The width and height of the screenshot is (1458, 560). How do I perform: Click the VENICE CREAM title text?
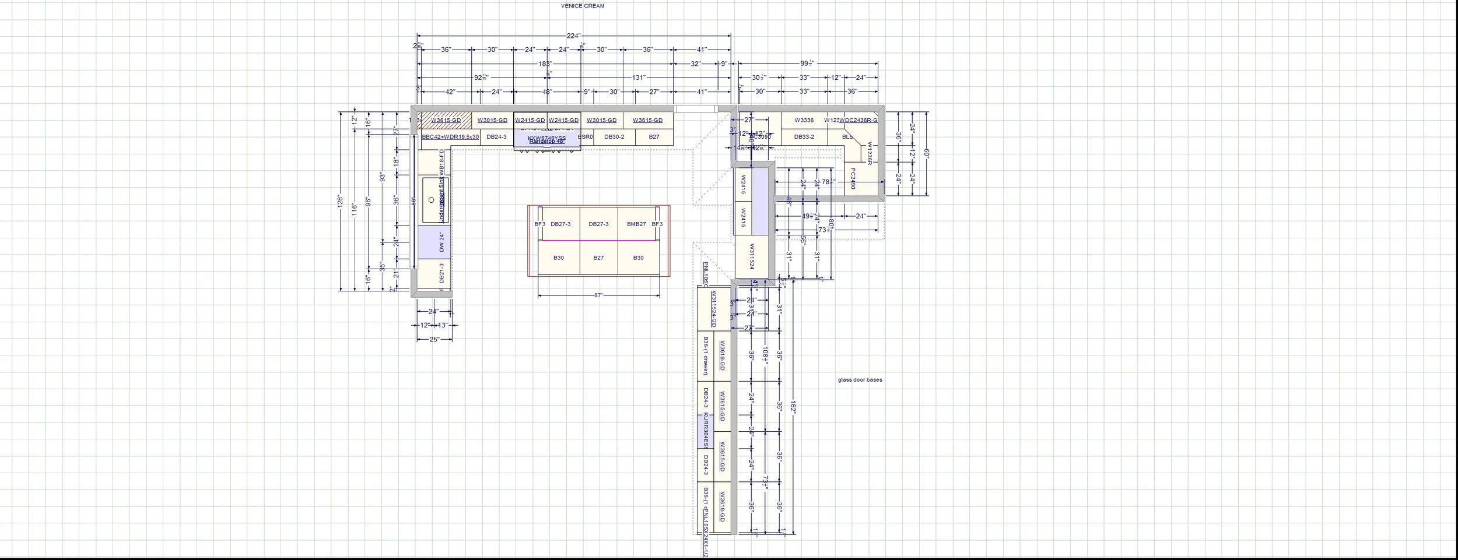click(583, 6)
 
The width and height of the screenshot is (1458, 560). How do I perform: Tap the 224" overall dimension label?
click(573, 36)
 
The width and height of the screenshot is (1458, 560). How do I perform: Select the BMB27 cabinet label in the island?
click(636, 224)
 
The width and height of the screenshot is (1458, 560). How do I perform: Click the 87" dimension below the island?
click(598, 295)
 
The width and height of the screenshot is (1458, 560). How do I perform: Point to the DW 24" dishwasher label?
click(442, 242)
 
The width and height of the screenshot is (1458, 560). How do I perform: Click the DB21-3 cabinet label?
click(442, 273)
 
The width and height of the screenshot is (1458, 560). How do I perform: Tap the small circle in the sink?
click(432, 200)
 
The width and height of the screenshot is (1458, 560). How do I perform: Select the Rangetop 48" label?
click(546, 142)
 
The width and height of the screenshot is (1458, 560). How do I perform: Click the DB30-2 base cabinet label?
click(614, 137)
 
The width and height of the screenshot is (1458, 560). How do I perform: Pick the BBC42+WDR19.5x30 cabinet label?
click(450, 137)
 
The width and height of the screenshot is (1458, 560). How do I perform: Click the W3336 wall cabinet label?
click(804, 121)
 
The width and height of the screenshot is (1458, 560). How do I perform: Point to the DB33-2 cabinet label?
click(804, 137)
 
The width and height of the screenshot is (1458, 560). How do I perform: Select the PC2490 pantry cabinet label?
click(852, 179)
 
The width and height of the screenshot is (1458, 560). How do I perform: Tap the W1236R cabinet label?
click(869, 153)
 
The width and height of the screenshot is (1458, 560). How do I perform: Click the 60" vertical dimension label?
click(926, 154)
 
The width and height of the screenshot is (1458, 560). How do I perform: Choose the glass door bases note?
click(860, 380)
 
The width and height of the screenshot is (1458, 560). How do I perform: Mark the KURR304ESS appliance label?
click(705, 431)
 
